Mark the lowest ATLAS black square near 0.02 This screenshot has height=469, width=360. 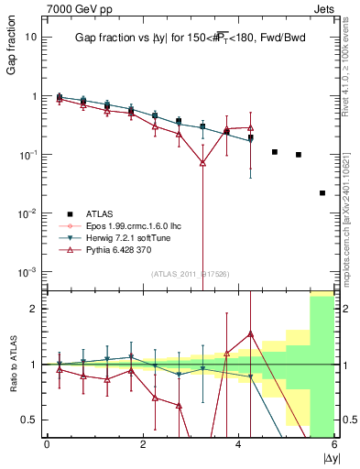click(x=322, y=193)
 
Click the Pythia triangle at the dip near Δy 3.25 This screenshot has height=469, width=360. click(x=202, y=163)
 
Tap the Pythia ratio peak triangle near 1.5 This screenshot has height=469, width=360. click(x=251, y=334)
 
